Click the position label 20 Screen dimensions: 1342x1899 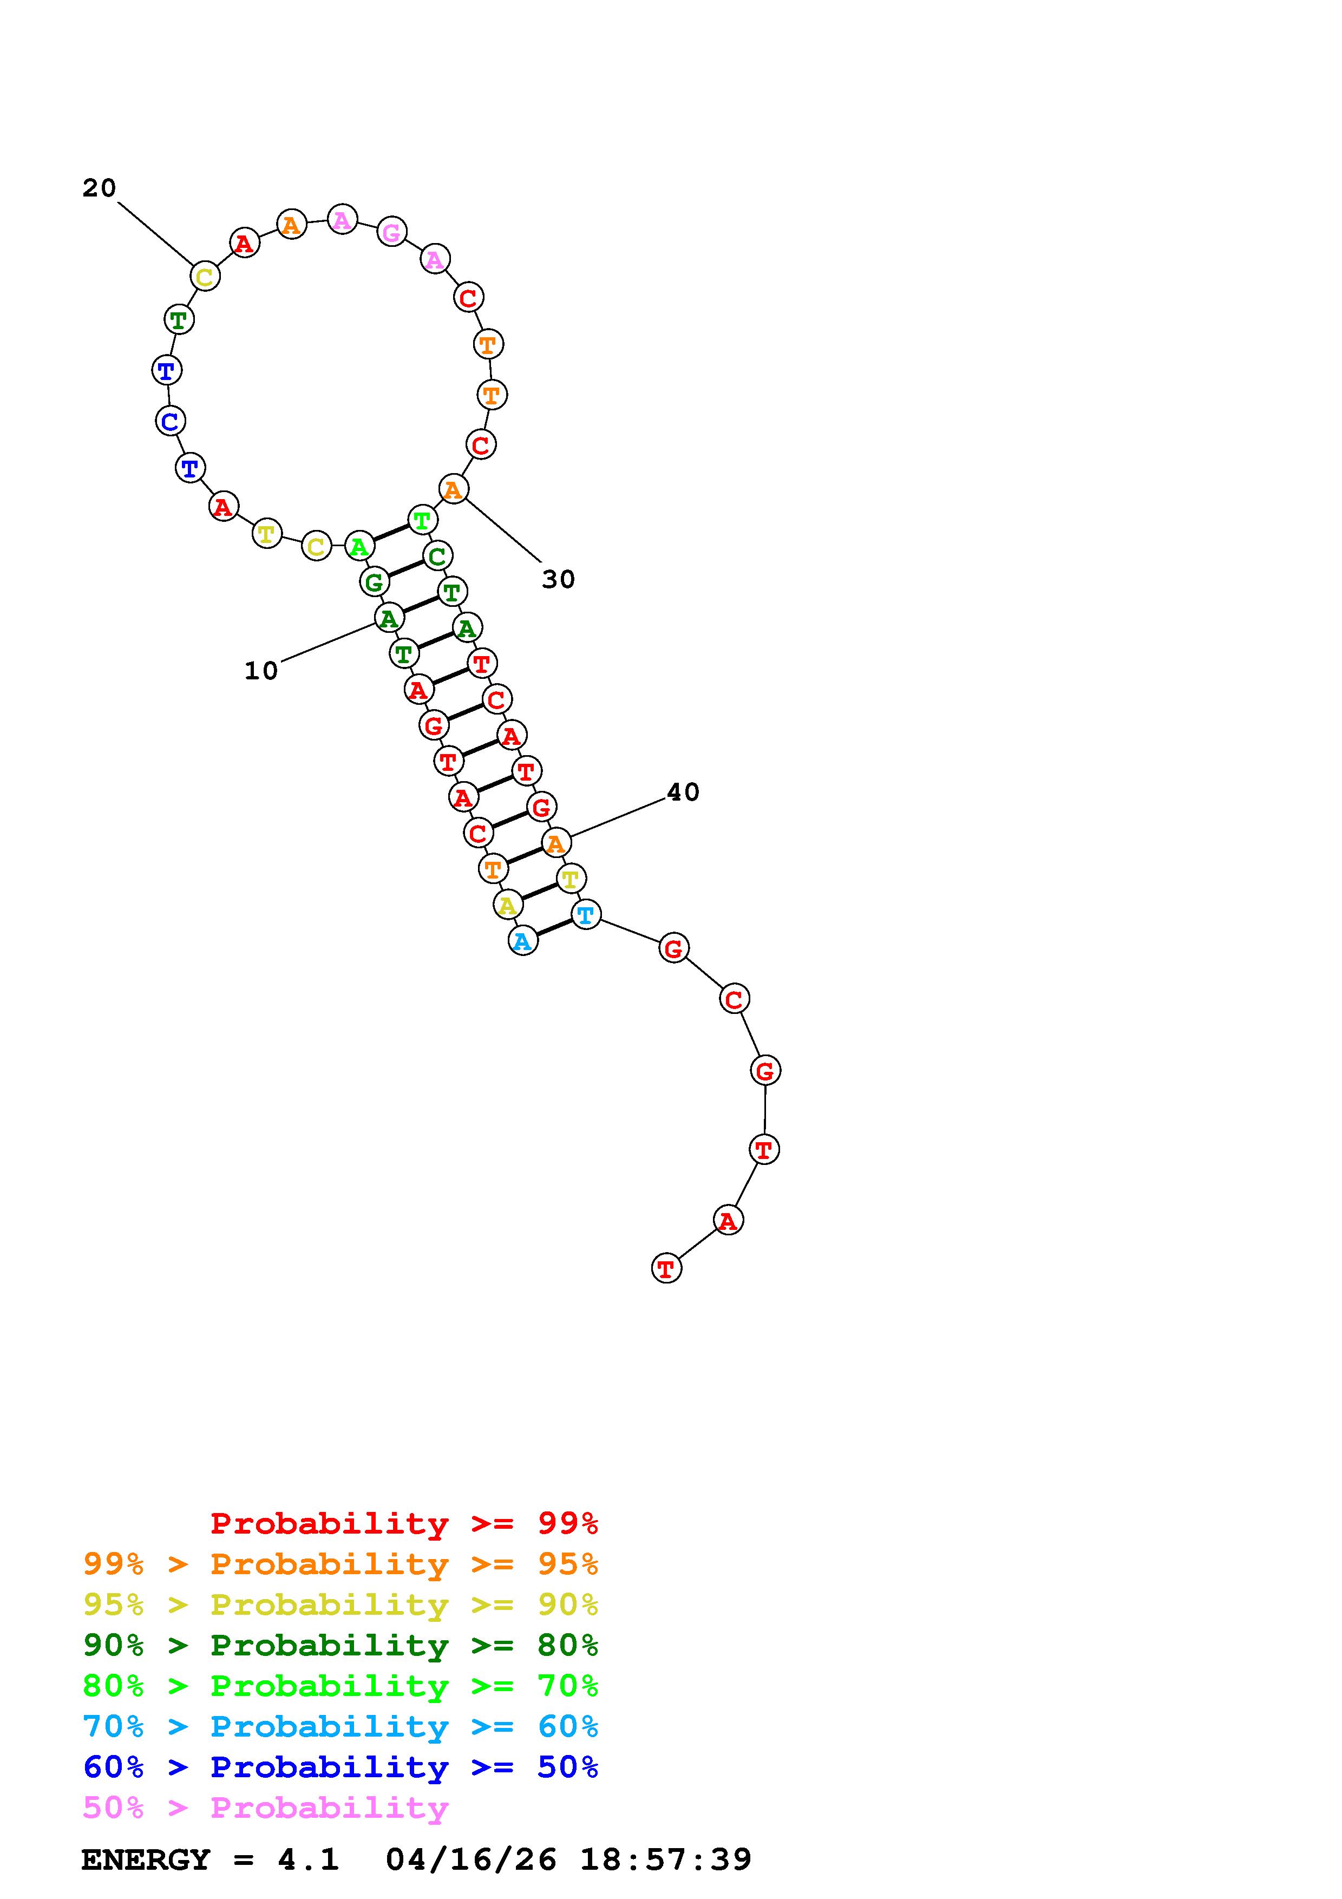pyautogui.click(x=99, y=188)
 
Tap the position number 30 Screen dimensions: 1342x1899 pyautogui.click(x=558, y=580)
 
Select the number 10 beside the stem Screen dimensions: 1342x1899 pyautogui.click(x=261, y=671)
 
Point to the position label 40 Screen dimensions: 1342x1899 pyautogui.click(x=683, y=793)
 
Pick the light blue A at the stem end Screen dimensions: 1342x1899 pyautogui.click(x=522, y=941)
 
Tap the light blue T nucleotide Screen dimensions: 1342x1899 pyautogui.click(x=585, y=915)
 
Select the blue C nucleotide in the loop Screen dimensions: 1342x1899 pyautogui.click(x=169, y=421)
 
